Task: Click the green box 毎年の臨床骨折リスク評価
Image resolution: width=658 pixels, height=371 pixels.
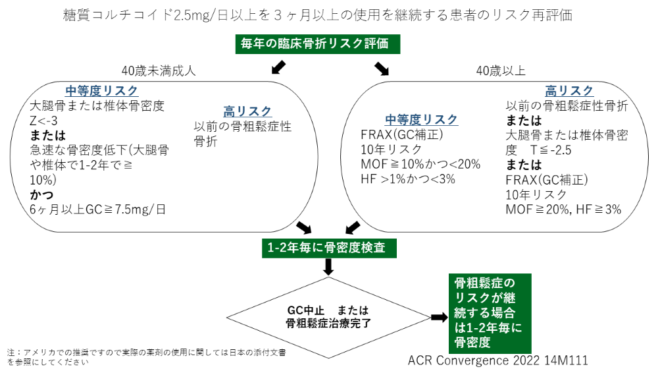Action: coord(318,43)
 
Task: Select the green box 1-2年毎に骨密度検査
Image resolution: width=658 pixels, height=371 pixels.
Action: coord(330,248)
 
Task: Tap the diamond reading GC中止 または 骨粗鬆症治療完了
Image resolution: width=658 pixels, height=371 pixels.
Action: coord(328,317)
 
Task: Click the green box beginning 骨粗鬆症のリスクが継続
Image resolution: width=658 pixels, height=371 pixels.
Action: coord(490,314)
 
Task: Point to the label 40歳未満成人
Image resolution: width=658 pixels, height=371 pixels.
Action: coord(159,71)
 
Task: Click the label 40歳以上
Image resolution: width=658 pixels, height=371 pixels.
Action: coord(501,71)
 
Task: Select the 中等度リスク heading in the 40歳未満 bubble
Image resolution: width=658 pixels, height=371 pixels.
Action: coord(101,91)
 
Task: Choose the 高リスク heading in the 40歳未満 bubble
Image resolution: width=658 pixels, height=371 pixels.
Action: coord(247,111)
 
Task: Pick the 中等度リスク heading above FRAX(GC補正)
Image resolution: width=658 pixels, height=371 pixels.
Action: coord(421,120)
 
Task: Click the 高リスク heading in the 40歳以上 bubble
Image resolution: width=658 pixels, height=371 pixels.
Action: coord(569,91)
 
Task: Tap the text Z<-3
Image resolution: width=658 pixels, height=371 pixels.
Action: coord(43,121)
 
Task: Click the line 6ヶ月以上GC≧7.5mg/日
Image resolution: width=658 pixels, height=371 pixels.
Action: coord(98,210)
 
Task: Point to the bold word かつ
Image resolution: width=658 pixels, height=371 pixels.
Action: coord(41,194)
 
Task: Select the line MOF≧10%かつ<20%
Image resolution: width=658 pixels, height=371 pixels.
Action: coord(420,164)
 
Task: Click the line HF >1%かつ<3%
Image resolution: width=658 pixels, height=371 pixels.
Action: coord(408,179)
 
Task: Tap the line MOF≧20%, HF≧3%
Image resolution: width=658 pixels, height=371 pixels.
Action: coord(564,210)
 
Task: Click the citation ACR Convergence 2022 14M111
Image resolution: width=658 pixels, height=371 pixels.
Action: coord(498,360)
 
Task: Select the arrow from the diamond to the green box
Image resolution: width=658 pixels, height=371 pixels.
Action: coord(440,317)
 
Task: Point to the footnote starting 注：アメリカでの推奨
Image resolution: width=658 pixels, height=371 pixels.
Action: coord(147,357)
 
